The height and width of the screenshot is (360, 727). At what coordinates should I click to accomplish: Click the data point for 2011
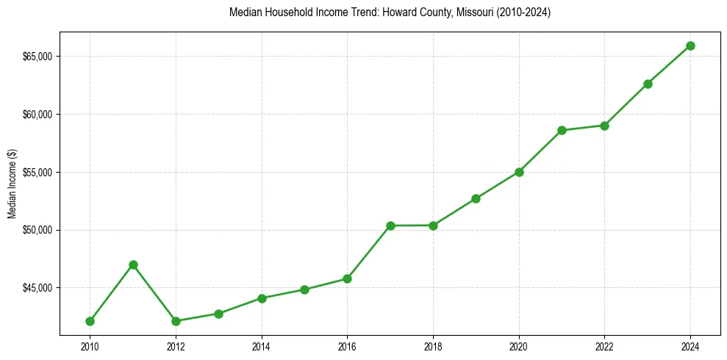click(x=133, y=264)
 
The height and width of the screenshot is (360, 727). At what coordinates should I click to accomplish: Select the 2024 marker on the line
click(x=690, y=46)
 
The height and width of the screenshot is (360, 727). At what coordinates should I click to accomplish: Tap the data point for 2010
click(x=90, y=321)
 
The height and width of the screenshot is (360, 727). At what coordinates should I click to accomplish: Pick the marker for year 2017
click(x=390, y=226)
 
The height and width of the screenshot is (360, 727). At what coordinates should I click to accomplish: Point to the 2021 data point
click(x=562, y=130)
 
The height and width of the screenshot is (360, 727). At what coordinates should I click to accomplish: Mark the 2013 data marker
click(x=218, y=314)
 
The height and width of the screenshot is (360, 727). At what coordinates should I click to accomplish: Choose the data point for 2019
click(x=476, y=198)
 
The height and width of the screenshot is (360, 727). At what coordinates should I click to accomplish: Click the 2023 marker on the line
click(x=648, y=84)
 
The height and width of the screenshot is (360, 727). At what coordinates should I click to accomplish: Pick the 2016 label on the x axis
click(x=347, y=345)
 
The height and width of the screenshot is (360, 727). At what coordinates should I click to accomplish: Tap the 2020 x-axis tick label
click(x=519, y=345)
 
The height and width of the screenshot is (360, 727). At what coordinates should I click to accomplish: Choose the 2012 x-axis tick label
click(x=176, y=345)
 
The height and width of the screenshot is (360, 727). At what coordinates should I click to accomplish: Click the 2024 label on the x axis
click(x=690, y=345)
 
